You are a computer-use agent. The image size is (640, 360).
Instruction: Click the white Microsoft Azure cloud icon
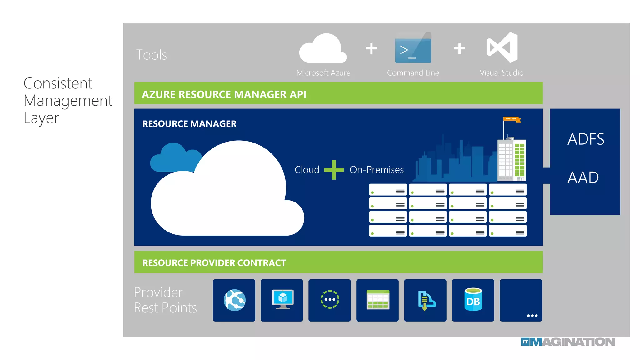[323, 49]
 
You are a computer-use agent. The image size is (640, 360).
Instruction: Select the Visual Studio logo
[502, 47]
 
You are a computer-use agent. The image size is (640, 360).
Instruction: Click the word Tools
[151, 55]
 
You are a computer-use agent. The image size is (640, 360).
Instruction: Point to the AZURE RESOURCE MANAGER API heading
[224, 94]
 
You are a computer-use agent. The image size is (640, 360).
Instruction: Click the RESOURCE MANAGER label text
[189, 124]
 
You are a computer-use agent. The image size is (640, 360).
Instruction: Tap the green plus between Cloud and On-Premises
[334, 170]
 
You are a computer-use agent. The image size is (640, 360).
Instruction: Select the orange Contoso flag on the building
[512, 119]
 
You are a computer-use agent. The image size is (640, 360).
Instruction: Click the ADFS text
[586, 139]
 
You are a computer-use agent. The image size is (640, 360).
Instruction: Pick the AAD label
[583, 177]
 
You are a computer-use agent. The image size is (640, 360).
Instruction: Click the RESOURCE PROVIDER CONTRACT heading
[214, 263]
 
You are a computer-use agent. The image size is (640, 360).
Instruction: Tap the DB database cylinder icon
[473, 300]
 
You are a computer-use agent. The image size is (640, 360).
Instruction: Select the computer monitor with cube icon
[282, 299]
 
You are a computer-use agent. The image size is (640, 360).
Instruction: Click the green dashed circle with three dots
[330, 299]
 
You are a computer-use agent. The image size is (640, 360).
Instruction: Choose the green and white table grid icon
[377, 300]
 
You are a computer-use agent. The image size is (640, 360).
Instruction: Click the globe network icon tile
[234, 300]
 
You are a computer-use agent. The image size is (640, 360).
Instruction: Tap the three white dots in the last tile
[532, 316]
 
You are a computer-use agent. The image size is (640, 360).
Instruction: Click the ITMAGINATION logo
[567, 342]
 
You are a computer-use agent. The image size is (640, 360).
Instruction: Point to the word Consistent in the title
[58, 83]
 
